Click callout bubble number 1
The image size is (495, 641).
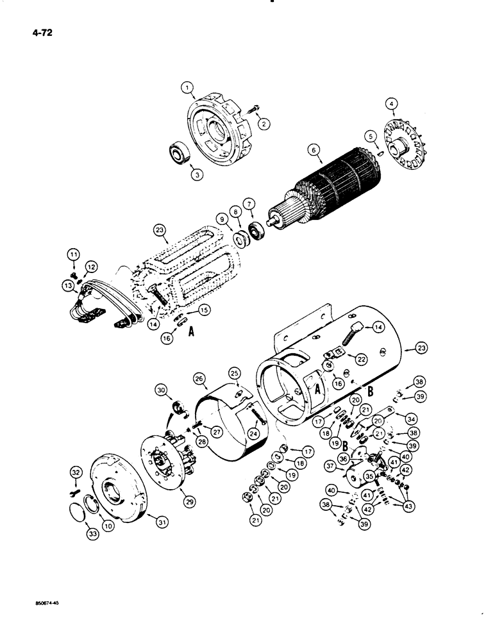click(x=186, y=87)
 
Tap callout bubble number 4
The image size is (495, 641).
click(x=392, y=101)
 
